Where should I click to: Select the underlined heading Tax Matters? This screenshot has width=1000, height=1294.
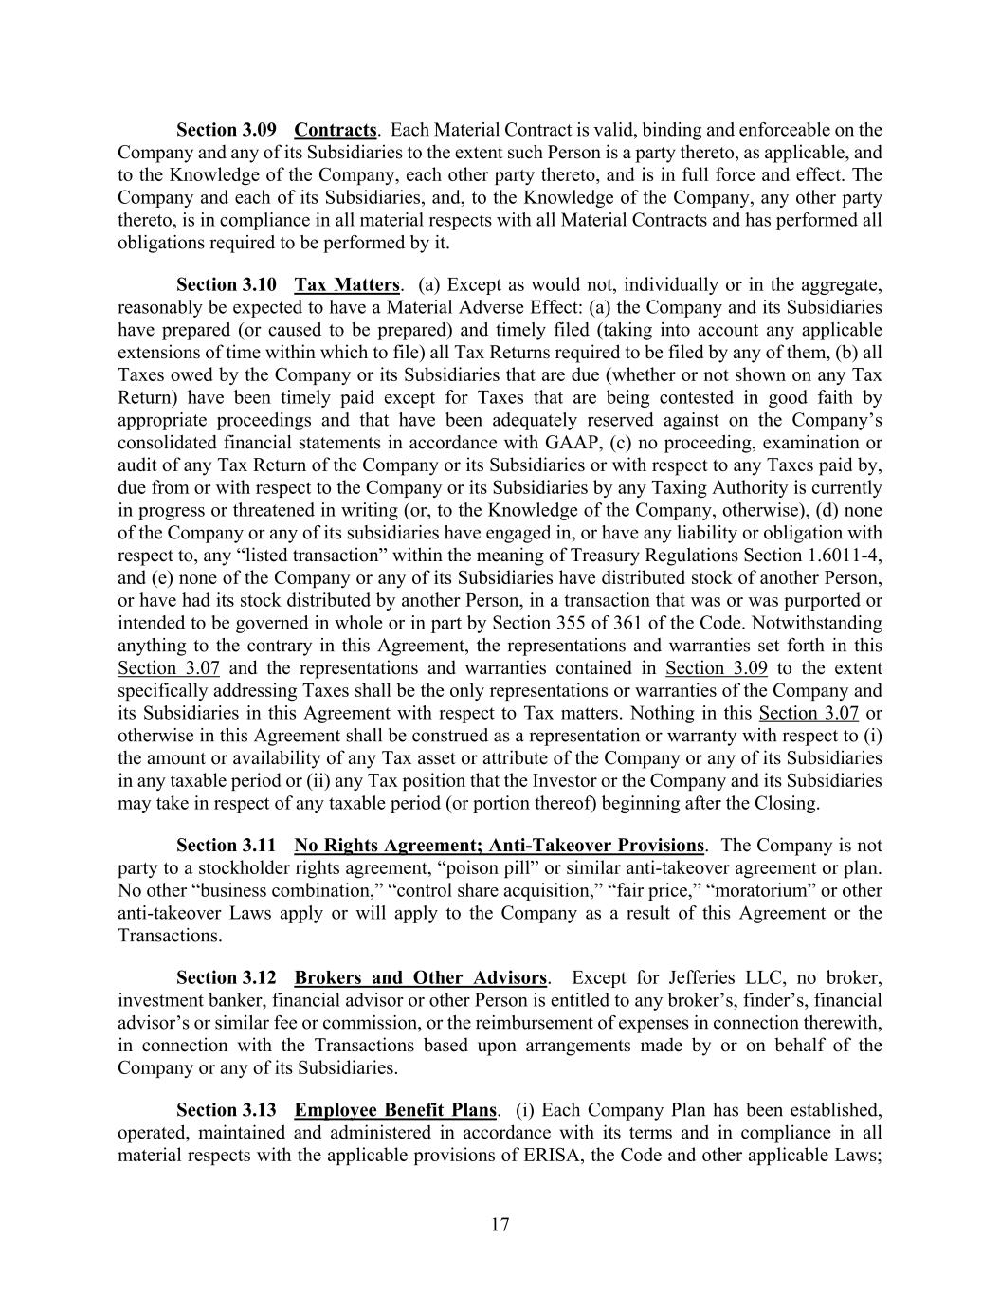[347, 285]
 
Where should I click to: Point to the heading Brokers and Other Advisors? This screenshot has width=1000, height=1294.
[420, 978]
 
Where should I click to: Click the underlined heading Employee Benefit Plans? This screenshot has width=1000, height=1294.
[395, 1110]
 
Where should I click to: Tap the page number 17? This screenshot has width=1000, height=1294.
[500, 1225]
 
